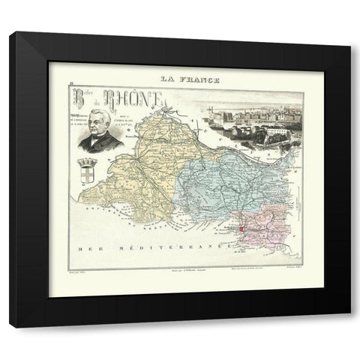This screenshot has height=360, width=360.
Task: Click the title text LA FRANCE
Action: coord(179,77)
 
